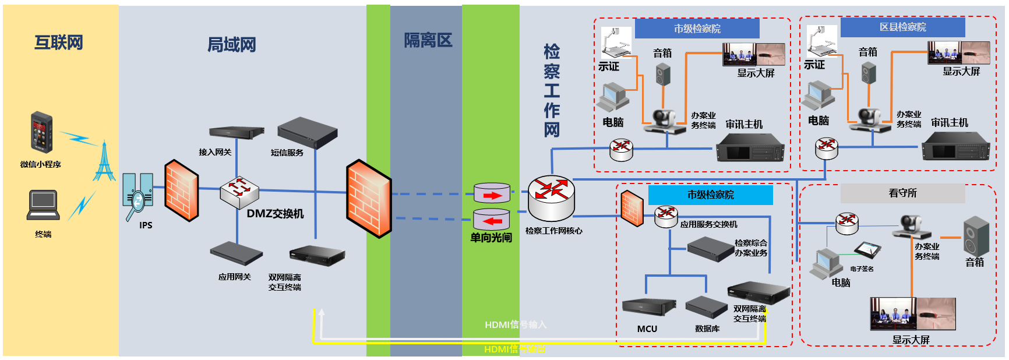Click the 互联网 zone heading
pos(59,43)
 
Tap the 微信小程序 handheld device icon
pos(41,132)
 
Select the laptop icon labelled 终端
pos(43,205)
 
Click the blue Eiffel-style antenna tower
pos(104,161)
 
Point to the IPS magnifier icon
pos(138,197)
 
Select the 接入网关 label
pos(215,152)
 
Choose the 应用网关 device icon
pos(235,253)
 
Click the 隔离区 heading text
pos(428,40)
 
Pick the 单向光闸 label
pos(491,238)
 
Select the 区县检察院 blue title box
pos(902,27)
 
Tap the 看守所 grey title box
pos(902,193)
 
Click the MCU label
pos(647,329)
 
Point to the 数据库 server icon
pos(707,306)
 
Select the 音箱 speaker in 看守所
pos(976,235)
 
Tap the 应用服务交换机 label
pos(708,224)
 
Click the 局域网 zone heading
pos(232,45)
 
